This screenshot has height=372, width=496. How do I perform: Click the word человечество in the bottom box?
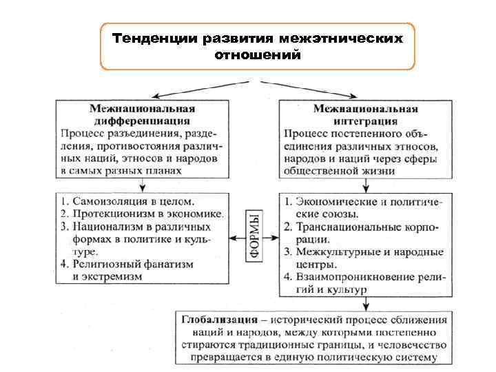pos(413,345)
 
